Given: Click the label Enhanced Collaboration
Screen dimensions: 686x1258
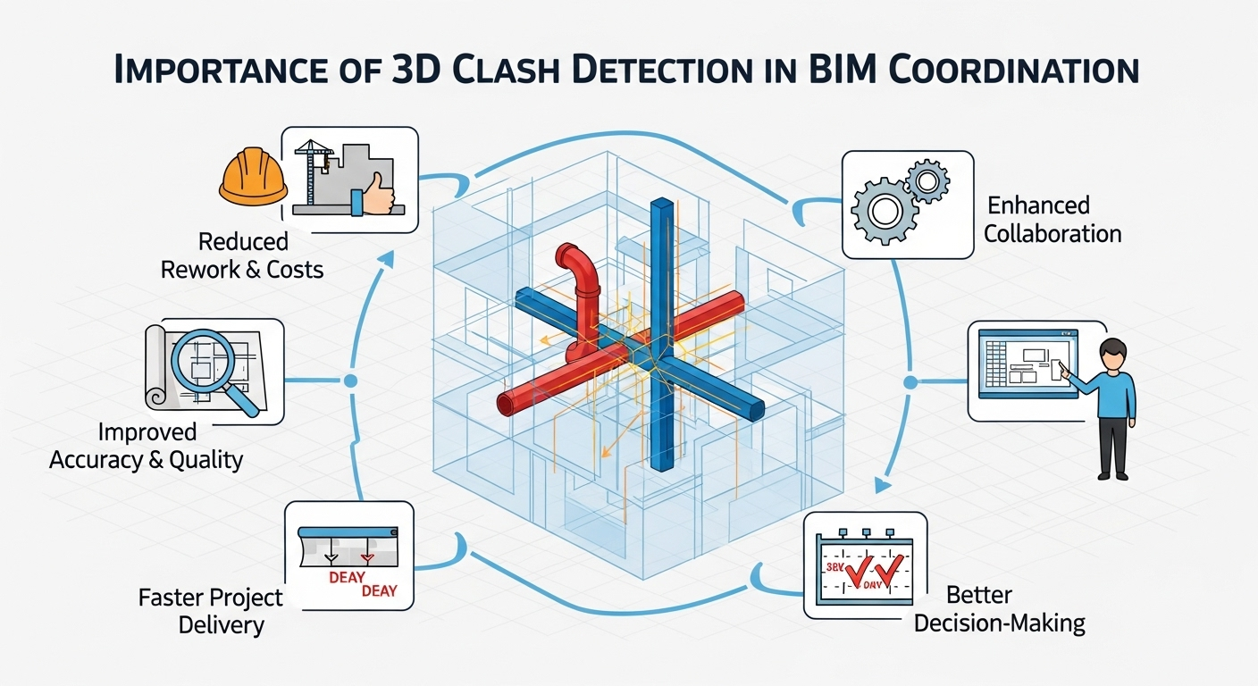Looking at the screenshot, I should (1052, 220).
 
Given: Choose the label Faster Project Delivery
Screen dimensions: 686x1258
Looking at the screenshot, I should (211, 611).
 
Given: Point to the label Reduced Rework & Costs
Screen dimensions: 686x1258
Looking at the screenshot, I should (243, 255).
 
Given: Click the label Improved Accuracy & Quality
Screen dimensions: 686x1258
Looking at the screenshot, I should (147, 446).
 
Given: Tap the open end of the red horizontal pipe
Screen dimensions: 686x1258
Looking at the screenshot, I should (507, 403).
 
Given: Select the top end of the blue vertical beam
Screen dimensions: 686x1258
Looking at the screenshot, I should (662, 206).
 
